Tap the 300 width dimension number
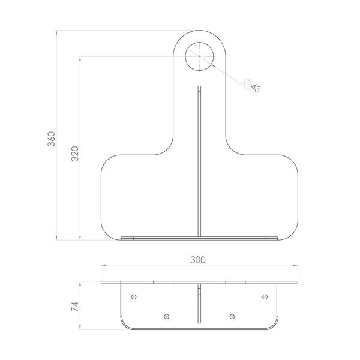click(198, 260)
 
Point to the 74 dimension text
click(74, 307)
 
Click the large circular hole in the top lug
click(199, 56)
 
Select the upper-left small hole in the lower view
click(134, 297)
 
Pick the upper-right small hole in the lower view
click(265, 297)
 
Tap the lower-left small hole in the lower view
click(167, 316)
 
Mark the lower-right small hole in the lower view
click(232, 316)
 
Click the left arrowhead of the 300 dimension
click(103, 266)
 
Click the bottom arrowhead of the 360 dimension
click(57, 237)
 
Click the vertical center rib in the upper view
click(199, 162)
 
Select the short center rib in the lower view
click(199, 306)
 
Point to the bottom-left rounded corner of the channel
click(124, 325)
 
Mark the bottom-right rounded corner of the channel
click(274, 325)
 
